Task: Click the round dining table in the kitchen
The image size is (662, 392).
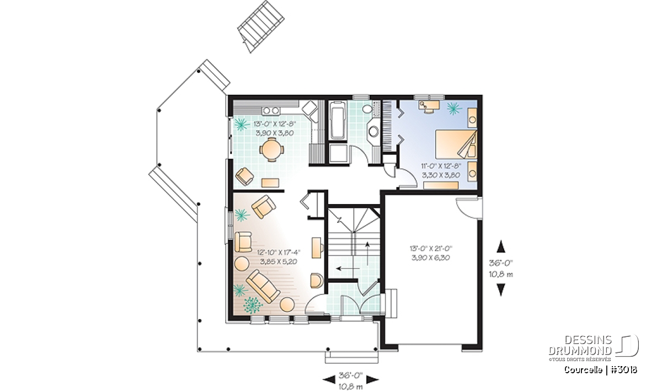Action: tap(271, 149)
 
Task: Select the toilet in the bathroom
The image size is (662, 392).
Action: tap(367, 109)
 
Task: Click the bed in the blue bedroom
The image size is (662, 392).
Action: tap(456, 144)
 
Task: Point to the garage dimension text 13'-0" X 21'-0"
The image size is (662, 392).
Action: tap(431, 248)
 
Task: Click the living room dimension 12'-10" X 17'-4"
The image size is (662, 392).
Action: tap(279, 253)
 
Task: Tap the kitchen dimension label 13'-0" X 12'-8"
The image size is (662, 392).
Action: tap(275, 123)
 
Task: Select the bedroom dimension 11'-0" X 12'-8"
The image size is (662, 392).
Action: tap(441, 166)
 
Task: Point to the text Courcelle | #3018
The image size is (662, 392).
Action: tap(601, 370)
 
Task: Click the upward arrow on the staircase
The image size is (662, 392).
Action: tap(367, 253)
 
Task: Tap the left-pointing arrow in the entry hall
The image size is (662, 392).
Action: tap(348, 269)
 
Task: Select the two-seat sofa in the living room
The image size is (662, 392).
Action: tap(263, 286)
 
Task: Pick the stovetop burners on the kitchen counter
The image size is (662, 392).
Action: tap(271, 110)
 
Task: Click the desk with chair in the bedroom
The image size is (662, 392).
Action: tap(429, 106)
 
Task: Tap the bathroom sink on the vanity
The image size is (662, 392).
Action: tap(373, 131)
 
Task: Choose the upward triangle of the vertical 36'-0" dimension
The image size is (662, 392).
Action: tap(501, 246)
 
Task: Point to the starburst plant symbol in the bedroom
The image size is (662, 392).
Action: tap(454, 109)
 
